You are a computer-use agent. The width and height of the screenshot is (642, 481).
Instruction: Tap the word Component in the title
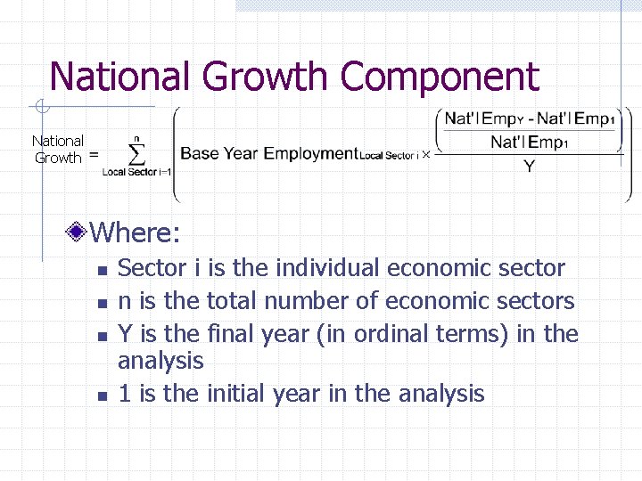[x=440, y=78]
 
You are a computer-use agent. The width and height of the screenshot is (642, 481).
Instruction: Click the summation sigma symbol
[x=136, y=154]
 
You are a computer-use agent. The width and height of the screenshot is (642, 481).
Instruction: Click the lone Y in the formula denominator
[x=529, y=166]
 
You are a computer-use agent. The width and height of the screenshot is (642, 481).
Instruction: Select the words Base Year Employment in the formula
[x=268, y=153]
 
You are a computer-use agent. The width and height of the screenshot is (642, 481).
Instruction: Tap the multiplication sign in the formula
[x=425, y=154]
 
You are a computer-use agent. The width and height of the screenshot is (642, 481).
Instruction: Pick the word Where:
[x=136, y=233]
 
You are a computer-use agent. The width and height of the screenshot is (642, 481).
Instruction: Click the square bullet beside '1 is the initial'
[x=103, y=395]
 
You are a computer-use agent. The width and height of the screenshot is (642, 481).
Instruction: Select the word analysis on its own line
[x=160, y=361]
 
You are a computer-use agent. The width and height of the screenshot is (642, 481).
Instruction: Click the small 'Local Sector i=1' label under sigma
[x=136, y=172]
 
